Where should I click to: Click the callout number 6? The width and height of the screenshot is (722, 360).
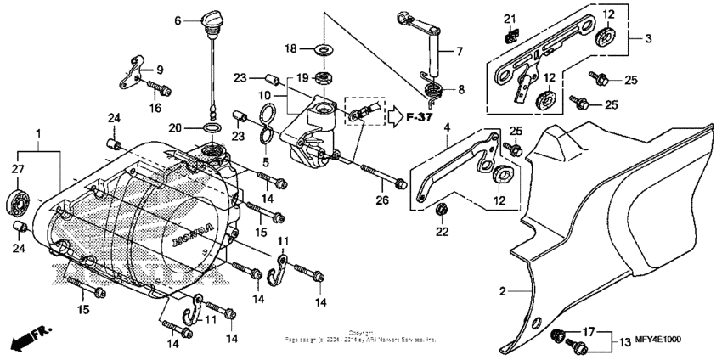(178, 20)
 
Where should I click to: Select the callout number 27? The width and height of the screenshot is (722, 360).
(18, 170)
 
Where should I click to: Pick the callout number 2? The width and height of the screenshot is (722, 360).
(503, 291)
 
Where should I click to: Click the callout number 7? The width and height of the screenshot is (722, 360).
(459, 51)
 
